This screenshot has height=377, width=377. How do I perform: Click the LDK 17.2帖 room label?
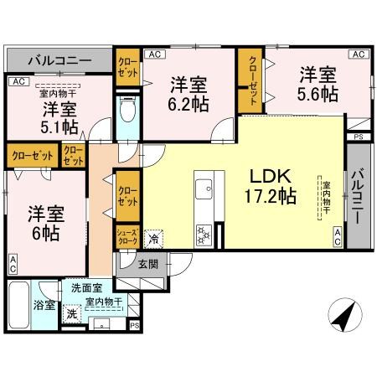[x=268, y=186]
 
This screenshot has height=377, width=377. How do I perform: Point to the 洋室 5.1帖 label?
[x=58, y=118]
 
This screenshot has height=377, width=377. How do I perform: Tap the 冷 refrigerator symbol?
[x=152, y=239]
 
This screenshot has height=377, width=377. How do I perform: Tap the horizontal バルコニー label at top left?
[x=59, y=60]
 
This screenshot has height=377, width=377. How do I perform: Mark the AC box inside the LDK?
[x=337, y=237]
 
